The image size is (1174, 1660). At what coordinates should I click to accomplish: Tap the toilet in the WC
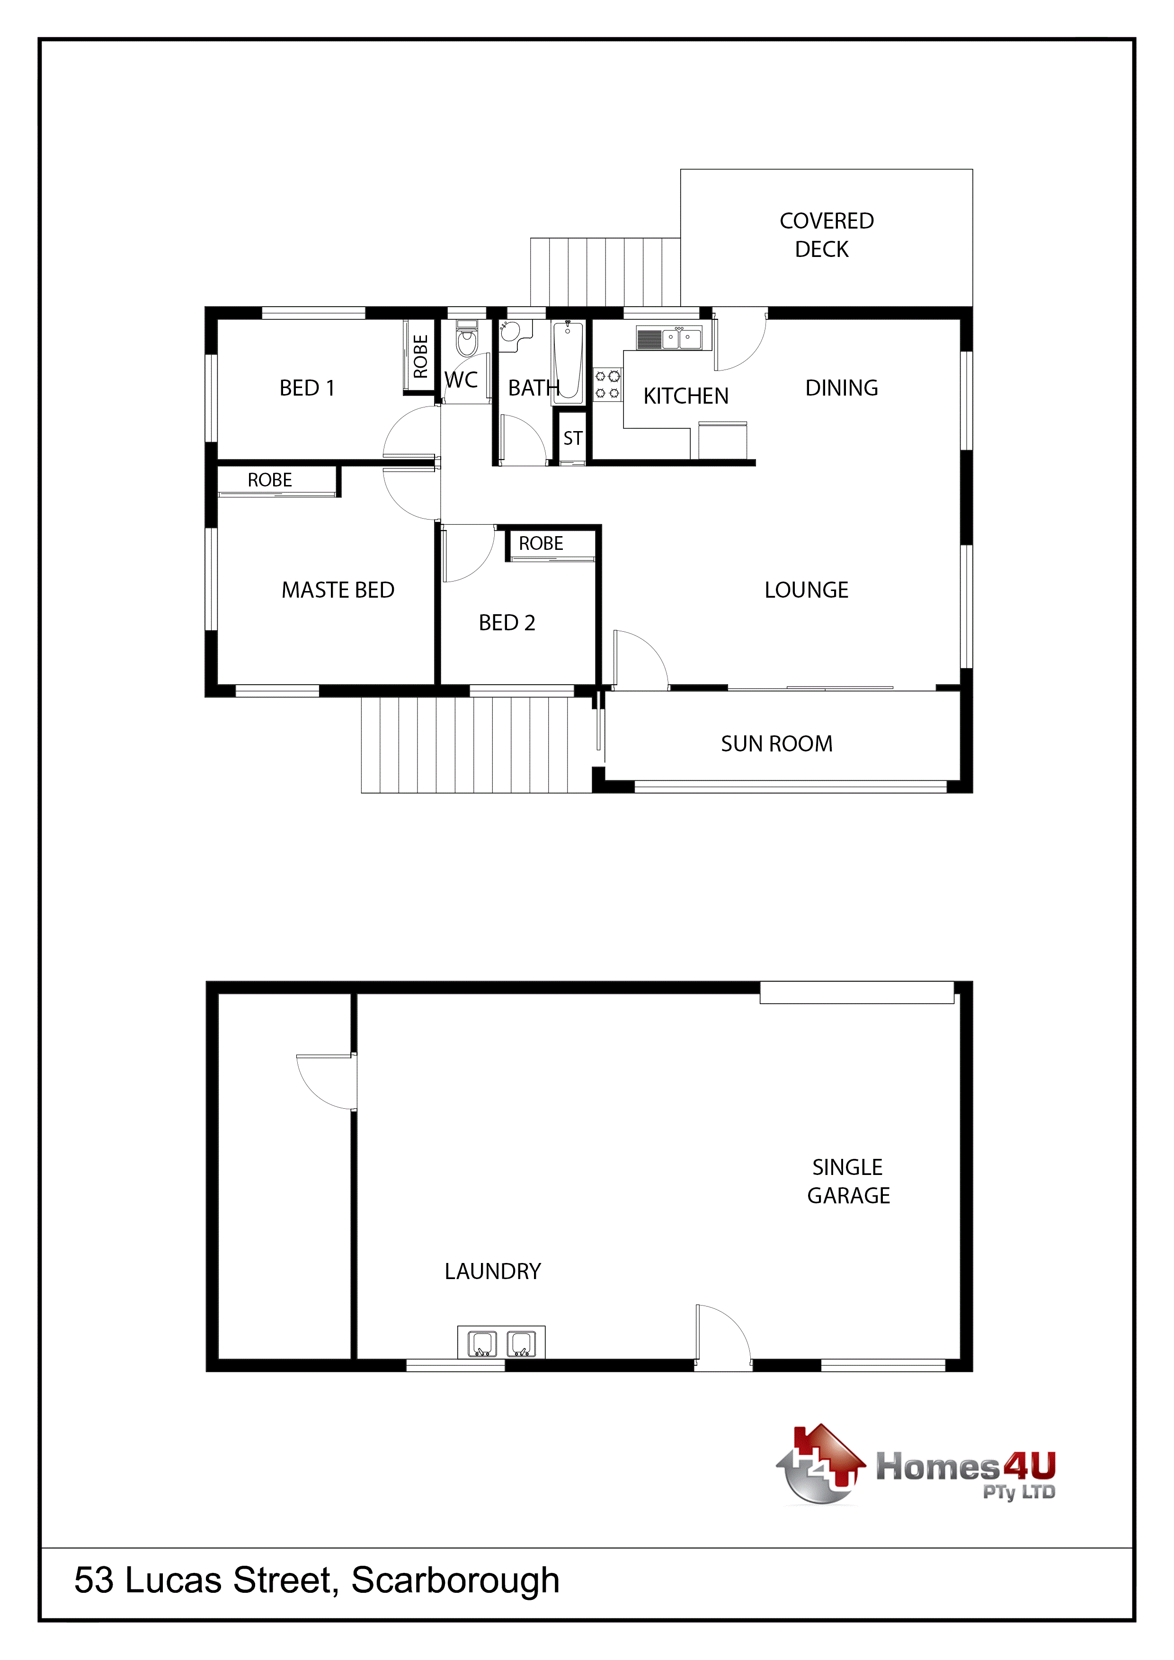(467, 339)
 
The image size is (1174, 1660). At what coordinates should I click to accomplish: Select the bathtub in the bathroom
(568, 361)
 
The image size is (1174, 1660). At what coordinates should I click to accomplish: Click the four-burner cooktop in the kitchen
(607, 384)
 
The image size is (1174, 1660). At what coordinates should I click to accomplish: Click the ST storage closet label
(573, 438)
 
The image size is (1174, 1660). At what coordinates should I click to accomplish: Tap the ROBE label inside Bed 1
(420, 356)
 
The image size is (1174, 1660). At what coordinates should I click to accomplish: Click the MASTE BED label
(338, 590)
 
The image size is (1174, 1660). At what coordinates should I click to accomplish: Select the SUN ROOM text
(777, 743)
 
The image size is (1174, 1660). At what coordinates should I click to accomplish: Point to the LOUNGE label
(807, 590)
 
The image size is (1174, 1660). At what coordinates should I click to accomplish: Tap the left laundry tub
(482, 1344)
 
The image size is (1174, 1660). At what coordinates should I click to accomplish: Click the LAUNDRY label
(493, 1272)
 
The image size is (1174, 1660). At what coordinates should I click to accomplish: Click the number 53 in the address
(94, 1581)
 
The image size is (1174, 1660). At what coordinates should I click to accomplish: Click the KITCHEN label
(686, 396)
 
